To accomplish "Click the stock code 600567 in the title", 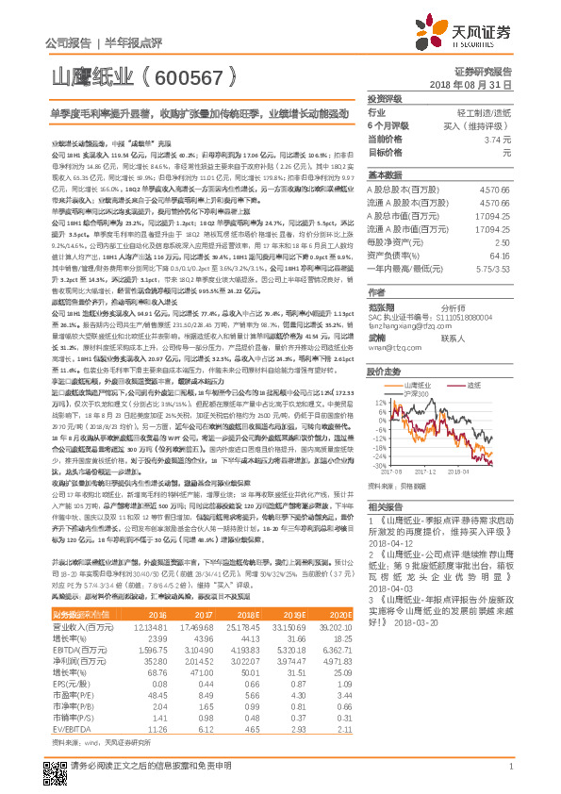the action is click(x=190, y=78).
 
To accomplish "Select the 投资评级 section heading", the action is click(x=385, y=98).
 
